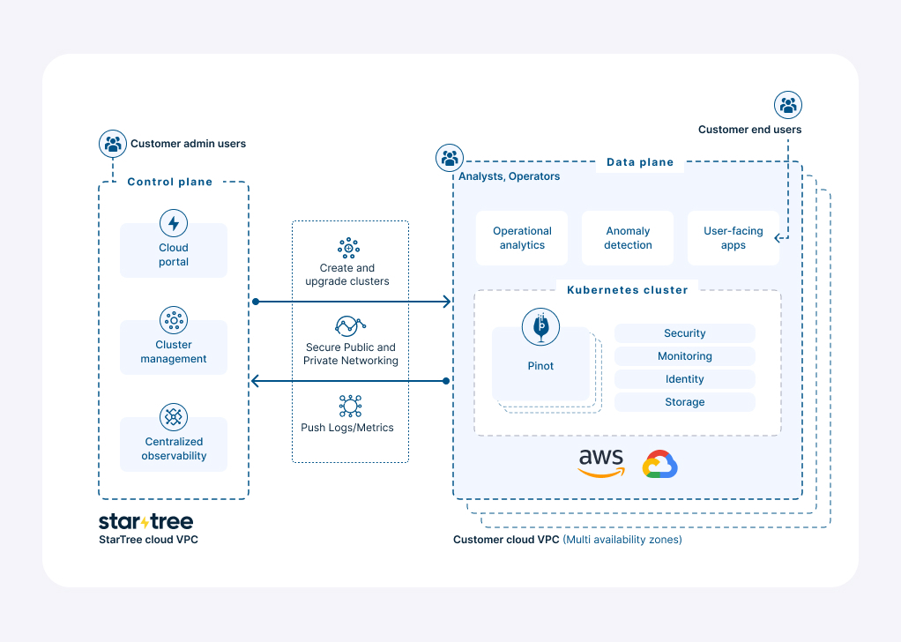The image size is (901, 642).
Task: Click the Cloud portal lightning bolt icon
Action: (174, 223)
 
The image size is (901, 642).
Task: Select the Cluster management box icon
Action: (174, 320)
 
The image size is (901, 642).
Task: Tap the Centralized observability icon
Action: (174, 417)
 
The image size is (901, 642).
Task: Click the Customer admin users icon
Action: (113, 144)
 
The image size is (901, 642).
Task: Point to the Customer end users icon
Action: (788, 106)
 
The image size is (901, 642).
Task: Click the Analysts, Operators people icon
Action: (450, 159)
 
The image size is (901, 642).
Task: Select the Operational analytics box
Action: (522, 238)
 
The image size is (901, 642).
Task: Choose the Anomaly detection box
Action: (628, 238)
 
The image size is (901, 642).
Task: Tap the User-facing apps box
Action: (733, 238)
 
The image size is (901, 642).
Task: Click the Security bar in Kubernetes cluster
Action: (685, 333)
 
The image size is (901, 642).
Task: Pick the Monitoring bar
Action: (685, 356)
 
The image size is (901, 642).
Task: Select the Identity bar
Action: (685, 379)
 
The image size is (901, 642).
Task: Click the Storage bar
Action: (685, 402)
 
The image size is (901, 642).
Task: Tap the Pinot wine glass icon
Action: (540, 327)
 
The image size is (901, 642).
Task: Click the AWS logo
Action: (600, 463)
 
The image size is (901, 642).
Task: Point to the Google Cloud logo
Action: (659, 465)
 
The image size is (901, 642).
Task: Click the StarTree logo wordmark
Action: (145, 521)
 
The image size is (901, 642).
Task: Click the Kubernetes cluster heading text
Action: (627, 290)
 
